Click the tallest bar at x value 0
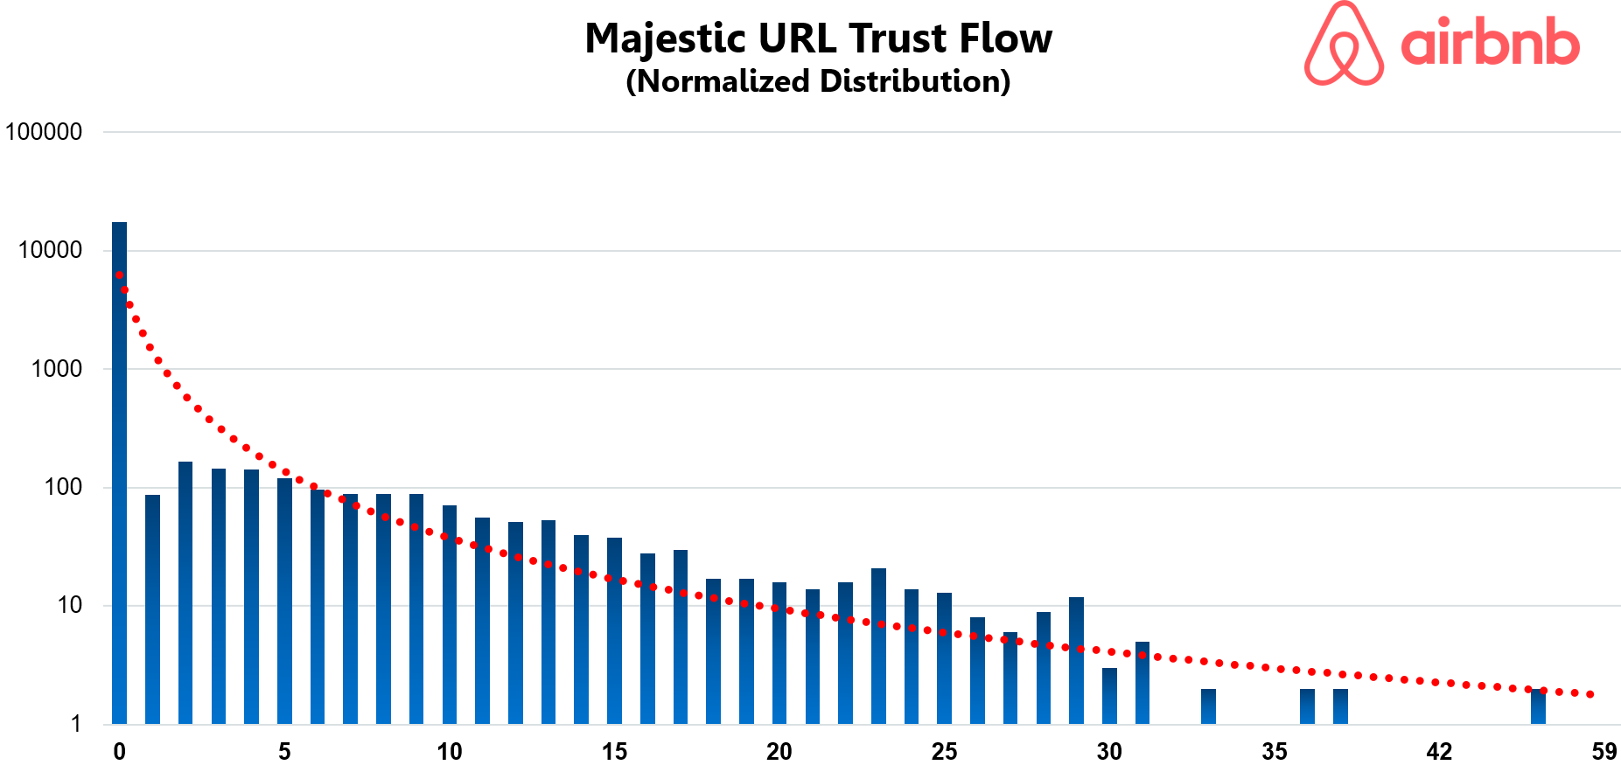[119, 472]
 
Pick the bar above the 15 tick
[614, 630]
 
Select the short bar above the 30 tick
[1109, 696]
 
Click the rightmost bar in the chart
[1538, 706]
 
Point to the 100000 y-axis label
[44, 132]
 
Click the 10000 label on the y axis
[50, 250]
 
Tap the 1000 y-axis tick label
[56, 369]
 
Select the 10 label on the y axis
[69, 605]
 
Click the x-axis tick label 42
[1439, 752]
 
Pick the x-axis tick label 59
[1604, 752]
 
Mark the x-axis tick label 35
[1275, 752]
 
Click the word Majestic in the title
[667, 39]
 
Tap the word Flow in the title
[1005, 38]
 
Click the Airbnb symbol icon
[1344, 44]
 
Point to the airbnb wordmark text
[1490, 44]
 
